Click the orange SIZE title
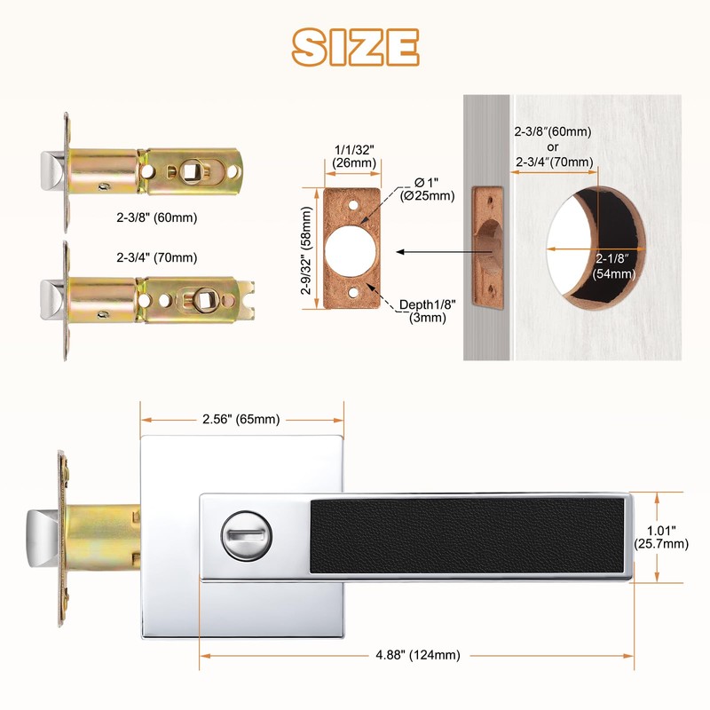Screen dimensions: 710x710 356,47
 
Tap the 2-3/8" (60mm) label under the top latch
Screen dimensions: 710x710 157,217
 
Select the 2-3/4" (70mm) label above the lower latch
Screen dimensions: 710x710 157,257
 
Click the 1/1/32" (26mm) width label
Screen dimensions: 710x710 354,156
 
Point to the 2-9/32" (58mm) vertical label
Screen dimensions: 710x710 306,250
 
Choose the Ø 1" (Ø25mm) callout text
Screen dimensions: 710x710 428,189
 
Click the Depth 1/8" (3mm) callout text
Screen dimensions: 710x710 428,311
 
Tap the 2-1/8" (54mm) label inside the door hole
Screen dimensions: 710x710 613,265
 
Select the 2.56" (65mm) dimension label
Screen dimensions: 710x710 241,419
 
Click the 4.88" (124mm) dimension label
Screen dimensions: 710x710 418,655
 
